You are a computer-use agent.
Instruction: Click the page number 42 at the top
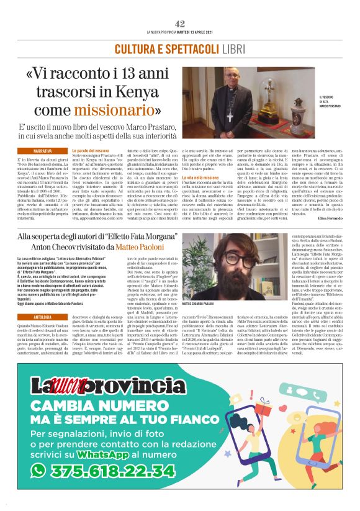pyautogui.click(x=180, y=24)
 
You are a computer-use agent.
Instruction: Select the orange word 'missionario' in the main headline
pyautogui.click(x=110, y=111)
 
